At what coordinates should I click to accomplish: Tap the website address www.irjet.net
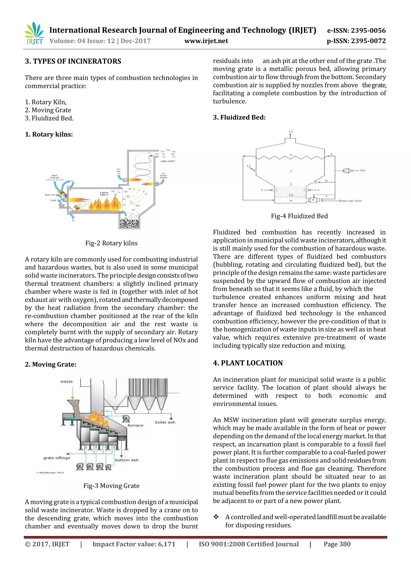click(206, 41)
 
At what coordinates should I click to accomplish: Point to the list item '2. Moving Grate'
click(48, 110)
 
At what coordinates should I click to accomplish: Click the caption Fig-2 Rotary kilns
click(111, 243)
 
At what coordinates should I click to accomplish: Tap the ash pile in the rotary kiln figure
click(129, 224)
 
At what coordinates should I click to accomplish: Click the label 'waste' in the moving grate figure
click(66, 381)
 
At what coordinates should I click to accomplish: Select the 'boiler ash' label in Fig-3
click(165, 422)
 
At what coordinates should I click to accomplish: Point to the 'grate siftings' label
click(57, 458)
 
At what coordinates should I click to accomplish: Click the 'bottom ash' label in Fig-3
click(127, 460)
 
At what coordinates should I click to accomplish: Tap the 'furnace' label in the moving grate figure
click(135, 425)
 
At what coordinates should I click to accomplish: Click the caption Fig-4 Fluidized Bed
click(299, 216)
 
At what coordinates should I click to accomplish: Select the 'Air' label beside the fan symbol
click(362, 171)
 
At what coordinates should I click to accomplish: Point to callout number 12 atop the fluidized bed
click(291, 132)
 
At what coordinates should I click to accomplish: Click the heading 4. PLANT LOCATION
click(248, 363)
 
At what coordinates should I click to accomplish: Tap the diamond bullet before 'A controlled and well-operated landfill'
click(216, 517)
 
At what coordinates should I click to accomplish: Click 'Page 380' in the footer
click(337, 544)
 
